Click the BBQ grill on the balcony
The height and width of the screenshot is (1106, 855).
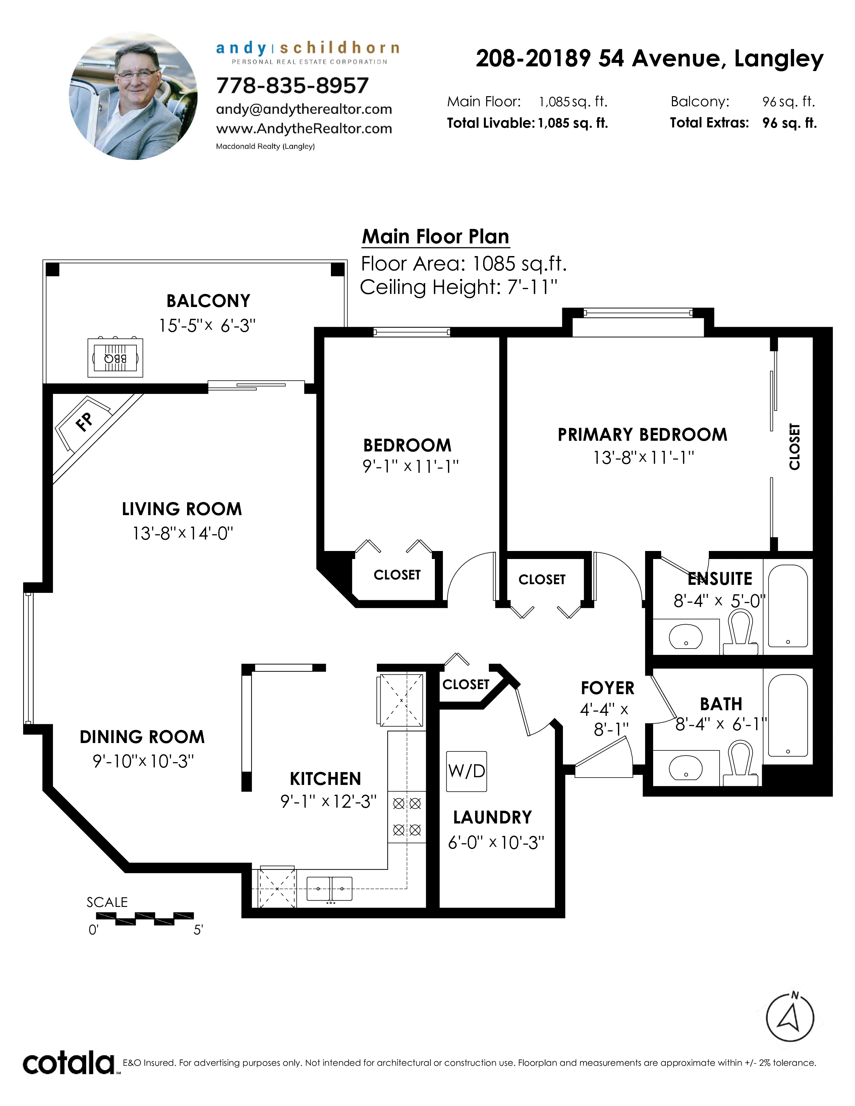(x=115, y=358)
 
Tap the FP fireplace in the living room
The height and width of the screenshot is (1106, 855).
(x=83, y=423)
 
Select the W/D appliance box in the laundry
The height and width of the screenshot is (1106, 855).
(x=466, y=771)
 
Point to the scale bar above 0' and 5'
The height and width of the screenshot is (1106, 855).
(x=145, y=918)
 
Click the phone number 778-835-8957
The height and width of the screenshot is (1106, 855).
(x=292, y=85)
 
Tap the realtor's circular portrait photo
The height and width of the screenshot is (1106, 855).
(x=133, y=96)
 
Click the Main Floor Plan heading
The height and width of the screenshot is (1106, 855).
(x=436, y=237)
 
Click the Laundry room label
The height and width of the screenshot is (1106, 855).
(x=492, y=818)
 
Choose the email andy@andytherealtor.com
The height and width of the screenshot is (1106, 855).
(x=304, y=109)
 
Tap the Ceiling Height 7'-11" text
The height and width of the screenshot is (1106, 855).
(x=458, y=287)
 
